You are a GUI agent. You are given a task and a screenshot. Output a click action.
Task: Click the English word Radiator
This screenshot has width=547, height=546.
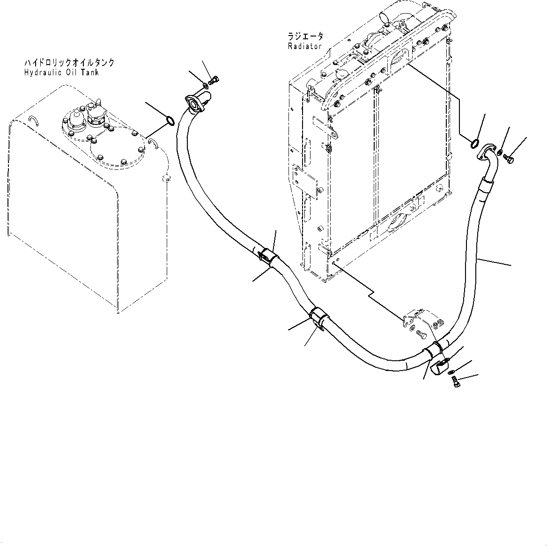click(305, 46)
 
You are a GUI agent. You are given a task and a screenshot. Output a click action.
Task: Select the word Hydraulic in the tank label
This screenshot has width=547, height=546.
click(42, 73)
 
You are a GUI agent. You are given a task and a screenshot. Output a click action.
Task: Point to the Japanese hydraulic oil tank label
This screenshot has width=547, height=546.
click(68, 62)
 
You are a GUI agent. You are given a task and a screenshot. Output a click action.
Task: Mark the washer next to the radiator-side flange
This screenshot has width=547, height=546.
click(500, 152)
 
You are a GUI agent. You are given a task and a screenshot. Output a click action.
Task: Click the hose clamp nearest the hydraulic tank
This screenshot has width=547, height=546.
click(267, 256)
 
